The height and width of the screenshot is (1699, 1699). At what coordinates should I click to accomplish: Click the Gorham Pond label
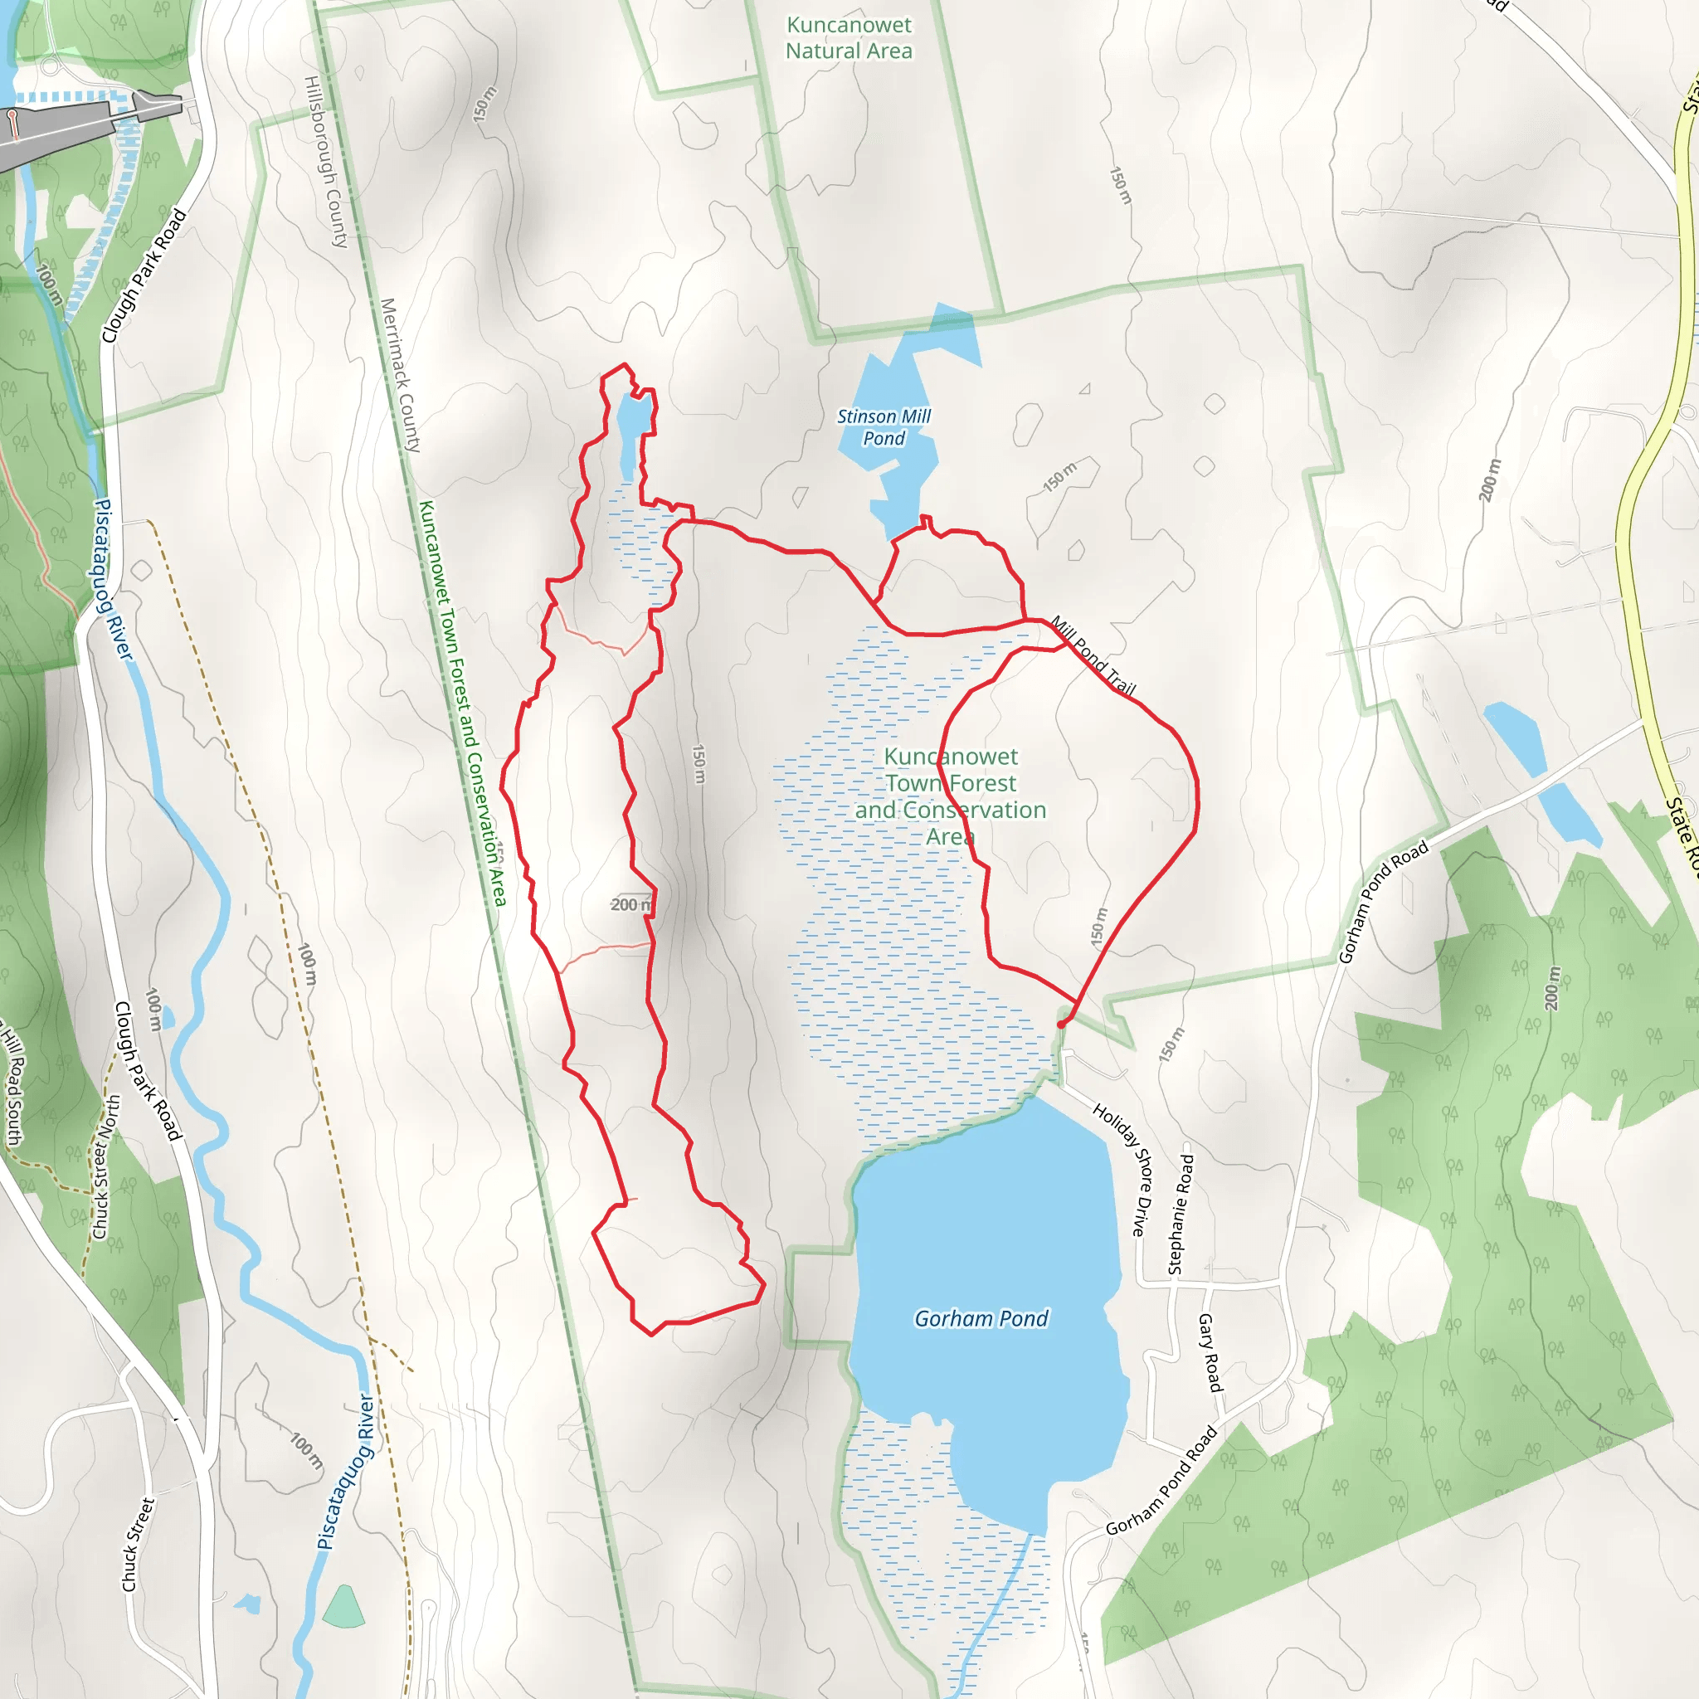[x=981, y=1318]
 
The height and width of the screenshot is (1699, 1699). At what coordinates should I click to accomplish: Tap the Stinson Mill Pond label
[x=883, y=427]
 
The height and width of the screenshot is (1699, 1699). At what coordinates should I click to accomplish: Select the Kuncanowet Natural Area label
[x=849, y=38]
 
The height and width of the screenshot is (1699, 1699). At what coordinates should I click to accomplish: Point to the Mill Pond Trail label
[x=1093, y=656]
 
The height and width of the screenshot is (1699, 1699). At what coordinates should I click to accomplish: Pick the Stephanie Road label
[x=1181, y=1215]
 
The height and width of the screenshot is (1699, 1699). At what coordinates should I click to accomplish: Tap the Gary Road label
[x=1210, y=1352]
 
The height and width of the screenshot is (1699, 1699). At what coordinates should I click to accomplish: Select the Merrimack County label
[x=400, y=375]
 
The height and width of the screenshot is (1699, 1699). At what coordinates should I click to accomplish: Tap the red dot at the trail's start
[x=1061, y=1025]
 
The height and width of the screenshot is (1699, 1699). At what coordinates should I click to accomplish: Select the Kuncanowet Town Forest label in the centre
[x=951, y=796]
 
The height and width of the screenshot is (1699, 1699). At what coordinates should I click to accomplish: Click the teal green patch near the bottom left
[x=343, y=1609]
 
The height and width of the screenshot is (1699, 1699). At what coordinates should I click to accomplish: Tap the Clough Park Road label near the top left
[x=144, y=275]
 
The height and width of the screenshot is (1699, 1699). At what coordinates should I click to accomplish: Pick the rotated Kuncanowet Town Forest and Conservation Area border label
[x=463, y=703]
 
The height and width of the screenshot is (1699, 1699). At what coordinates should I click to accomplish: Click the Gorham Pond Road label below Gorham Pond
[x=1161, y=1481]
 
